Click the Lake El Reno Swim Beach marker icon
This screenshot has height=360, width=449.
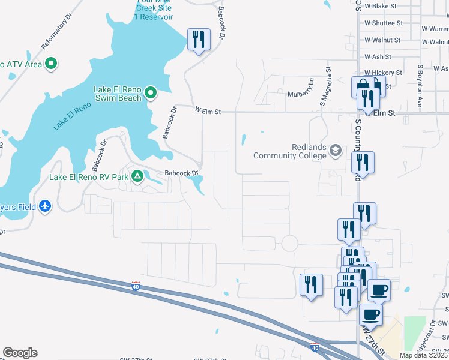click(151, 93)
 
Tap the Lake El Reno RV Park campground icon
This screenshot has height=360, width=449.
click(137, 176)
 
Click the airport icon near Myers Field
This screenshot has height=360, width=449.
click(46, 206)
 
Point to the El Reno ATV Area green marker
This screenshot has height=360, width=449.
click(51, 63)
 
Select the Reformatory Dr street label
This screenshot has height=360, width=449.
click(56, 36)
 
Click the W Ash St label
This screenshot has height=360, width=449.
click(378, 56)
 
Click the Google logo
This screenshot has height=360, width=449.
click(20, 353)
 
